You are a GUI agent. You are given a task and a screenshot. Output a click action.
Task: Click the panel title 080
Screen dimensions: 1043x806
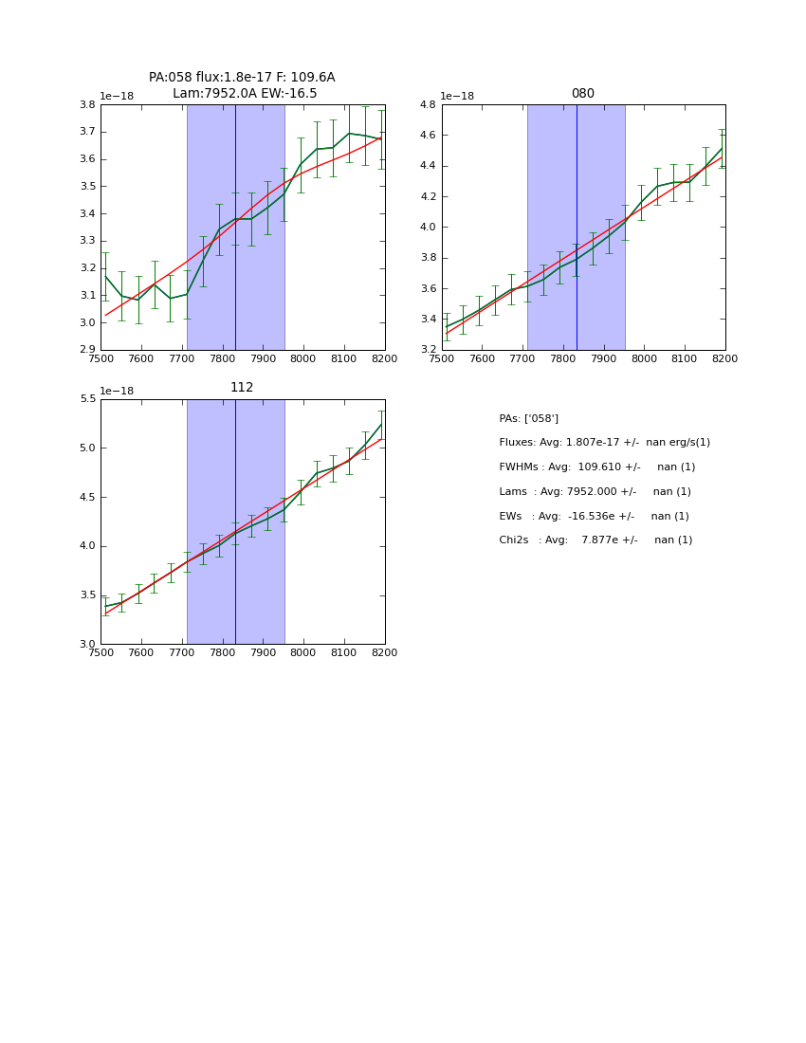[x=582, y=94]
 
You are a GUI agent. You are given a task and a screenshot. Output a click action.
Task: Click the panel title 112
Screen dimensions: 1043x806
[x=242, y=388]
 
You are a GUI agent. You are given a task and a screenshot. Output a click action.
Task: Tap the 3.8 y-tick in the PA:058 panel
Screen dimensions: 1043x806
[x=87, y=105]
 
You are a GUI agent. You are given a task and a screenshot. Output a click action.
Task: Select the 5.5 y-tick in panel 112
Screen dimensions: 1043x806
[x=87, y=399]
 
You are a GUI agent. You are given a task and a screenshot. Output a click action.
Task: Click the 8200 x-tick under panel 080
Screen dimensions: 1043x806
[x=724, y=359]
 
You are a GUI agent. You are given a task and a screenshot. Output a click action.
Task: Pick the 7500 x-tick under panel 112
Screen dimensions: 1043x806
[x=101, y=653]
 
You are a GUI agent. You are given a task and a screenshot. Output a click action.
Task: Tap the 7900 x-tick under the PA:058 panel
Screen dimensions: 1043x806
[x=263, y=359]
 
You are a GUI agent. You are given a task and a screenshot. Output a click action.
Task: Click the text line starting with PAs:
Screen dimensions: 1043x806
[x=528, y=418]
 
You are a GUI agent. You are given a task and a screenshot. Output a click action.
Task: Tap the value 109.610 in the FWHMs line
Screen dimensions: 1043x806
[x=600, y=467]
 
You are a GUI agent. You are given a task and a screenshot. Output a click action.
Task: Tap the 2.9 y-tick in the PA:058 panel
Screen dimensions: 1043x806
[x=87, y=350]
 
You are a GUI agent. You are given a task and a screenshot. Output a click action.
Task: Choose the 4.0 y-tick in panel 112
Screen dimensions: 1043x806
[x=87, y=546]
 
